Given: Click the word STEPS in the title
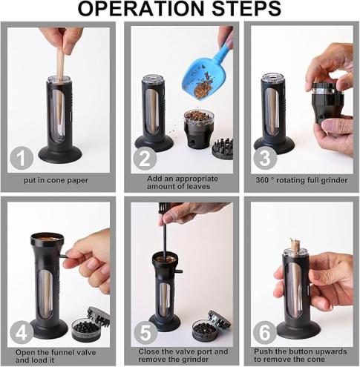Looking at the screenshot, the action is pyautogui.click(x=246, y=9).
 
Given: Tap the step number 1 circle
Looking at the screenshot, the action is pyautogui.click(x=22, y=158).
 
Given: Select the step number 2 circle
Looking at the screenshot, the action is pyautogui.click(x=145, y=158).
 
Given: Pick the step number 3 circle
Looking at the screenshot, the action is pyautogui.click(x=265, y=158).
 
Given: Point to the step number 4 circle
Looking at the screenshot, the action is pyautogui.click(x=22, y=332).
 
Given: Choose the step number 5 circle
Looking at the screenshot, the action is pyautogui.click(x=145, y=332).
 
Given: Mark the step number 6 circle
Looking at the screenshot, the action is pyautogui.click(x=265, y=332).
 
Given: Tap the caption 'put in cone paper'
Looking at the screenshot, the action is pyautogui.click(x=56, y=180).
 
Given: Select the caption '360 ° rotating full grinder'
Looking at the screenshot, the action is pyautogui.click(x=301, y=180).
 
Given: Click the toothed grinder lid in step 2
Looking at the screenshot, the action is pyautogui.click(x=223, y=149).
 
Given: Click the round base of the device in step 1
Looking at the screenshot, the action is pyautogui.click(x=60, y=154).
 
